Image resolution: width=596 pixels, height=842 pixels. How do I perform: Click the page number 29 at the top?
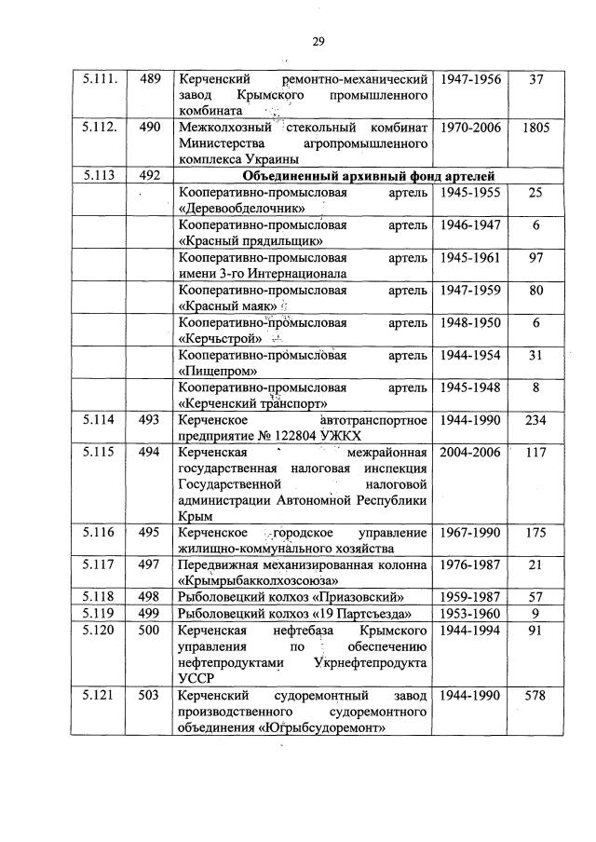(x=317, y=40)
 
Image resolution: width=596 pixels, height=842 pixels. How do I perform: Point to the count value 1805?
(x=535, y=126)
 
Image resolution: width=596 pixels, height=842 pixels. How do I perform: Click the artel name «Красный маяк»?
(x=222, y=306)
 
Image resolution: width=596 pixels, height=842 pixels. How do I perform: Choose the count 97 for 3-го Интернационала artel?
(x=535, y=257)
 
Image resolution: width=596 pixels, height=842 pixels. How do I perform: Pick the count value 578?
(x=535, y=697)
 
